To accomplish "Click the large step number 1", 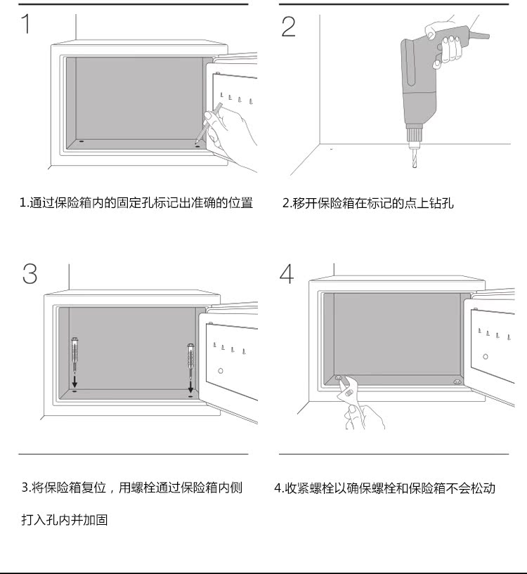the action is click(26, 25).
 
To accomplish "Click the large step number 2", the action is click(288, 26).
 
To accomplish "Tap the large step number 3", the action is click(29, 273).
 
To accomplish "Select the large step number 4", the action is click(287, 273).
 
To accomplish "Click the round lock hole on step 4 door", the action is click(485, 356).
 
